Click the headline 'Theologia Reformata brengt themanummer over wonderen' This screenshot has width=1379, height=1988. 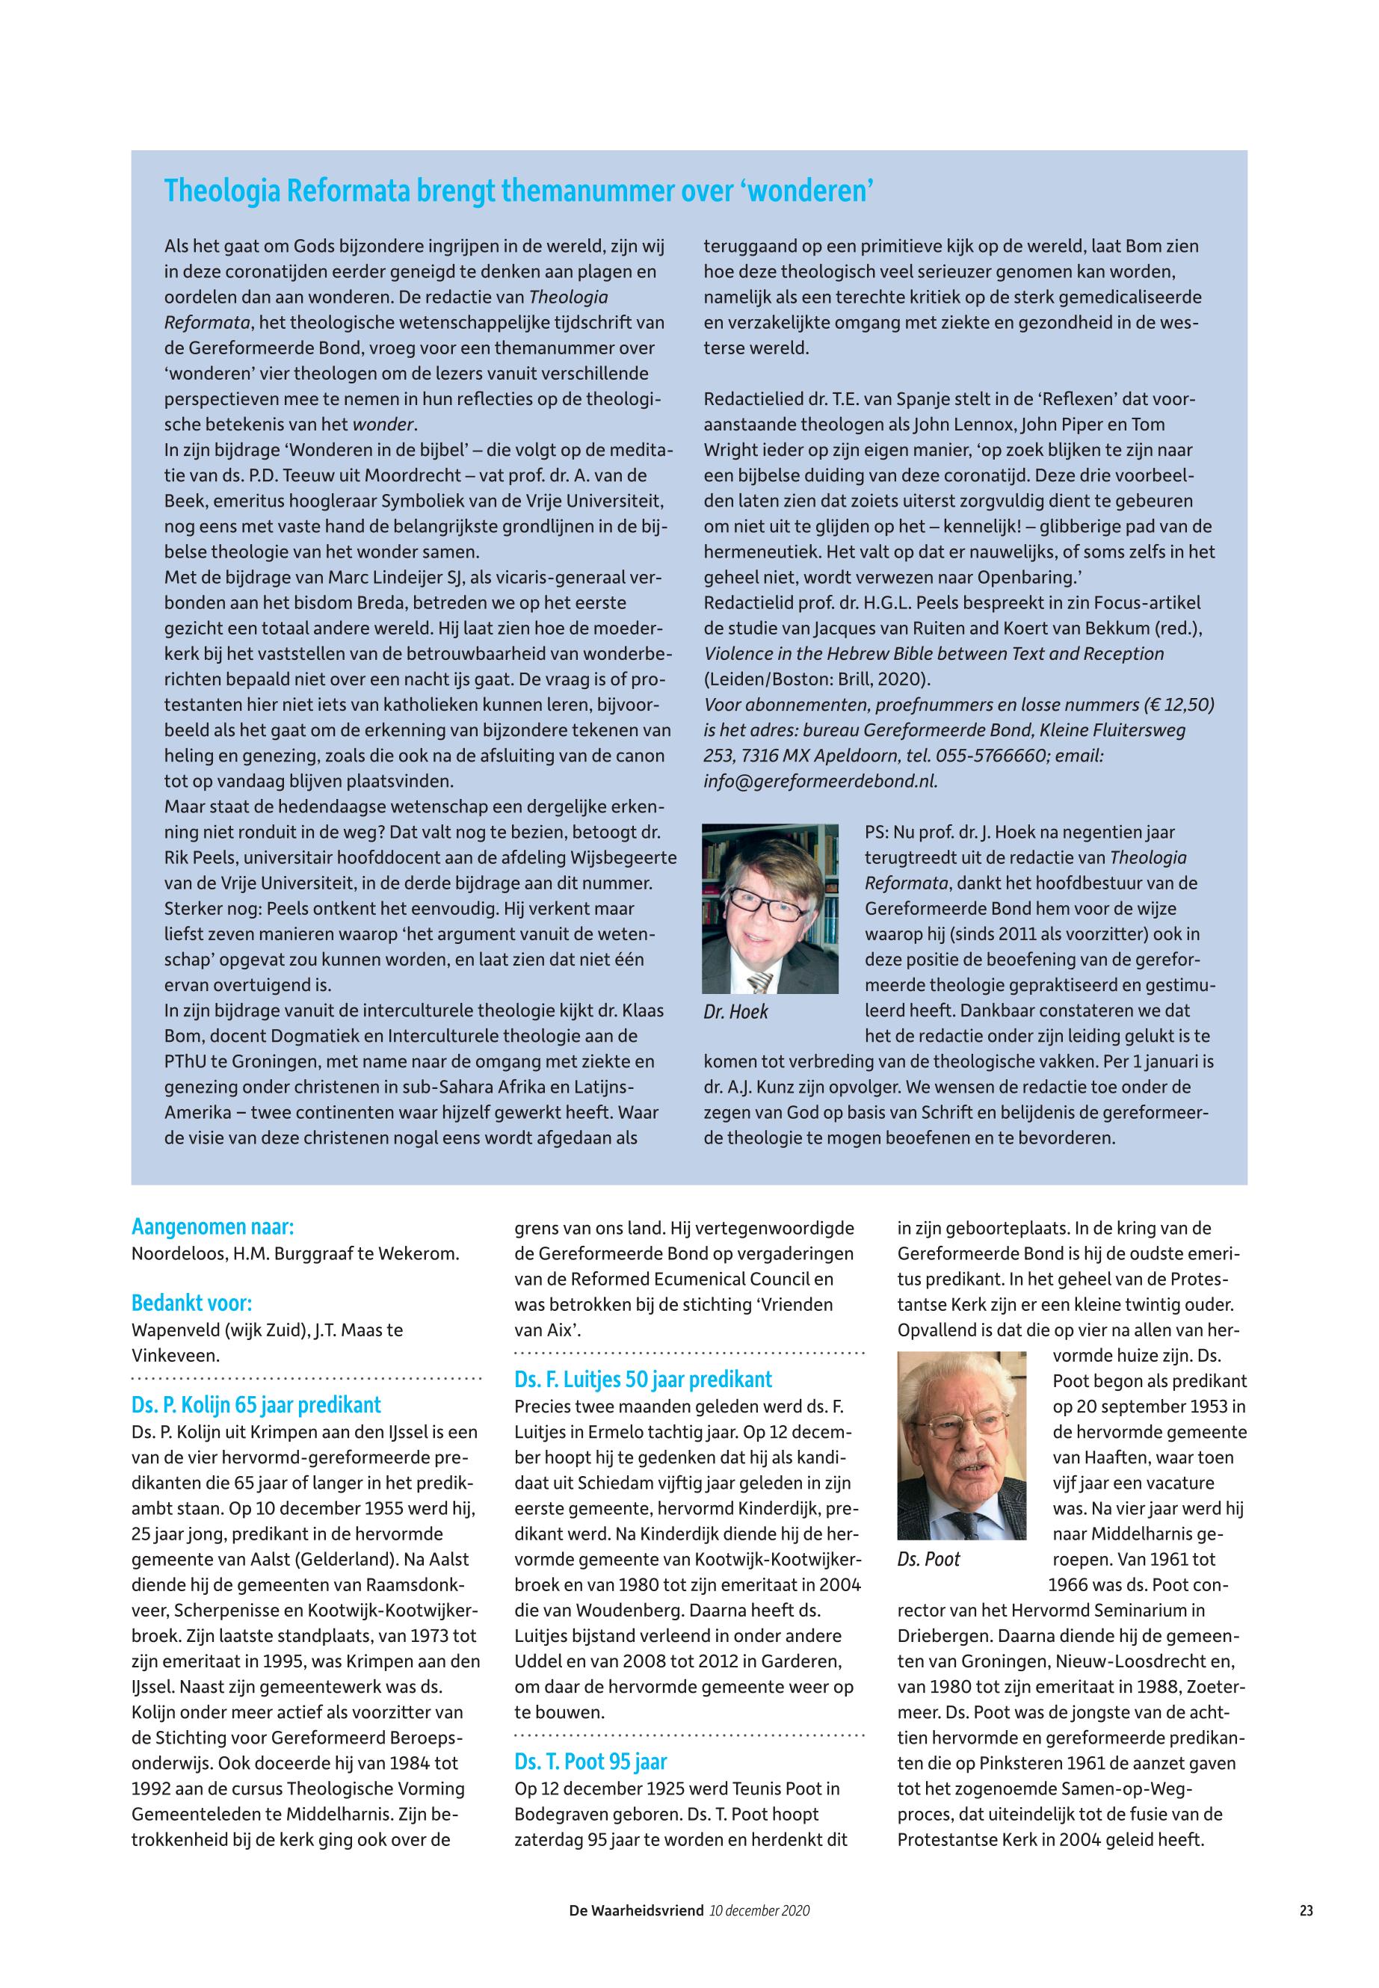pyautogui.click(x=519, y=191)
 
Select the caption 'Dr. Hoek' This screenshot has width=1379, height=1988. pyautogui.click(x=735, y=1012)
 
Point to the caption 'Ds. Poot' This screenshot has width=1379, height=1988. pyautogui.click(x=929, y=1560)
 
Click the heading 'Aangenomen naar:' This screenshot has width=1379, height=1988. pyautogui.click(x=212, y=1227)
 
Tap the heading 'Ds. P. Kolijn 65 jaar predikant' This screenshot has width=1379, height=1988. pyautogui.click(x=256, y=1405)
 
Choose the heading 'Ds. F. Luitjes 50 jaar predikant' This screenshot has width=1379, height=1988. pyautogui.click(x=643, y=1379)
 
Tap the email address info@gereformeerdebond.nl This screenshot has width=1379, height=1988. pyautogui.click(x=820, y=781)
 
